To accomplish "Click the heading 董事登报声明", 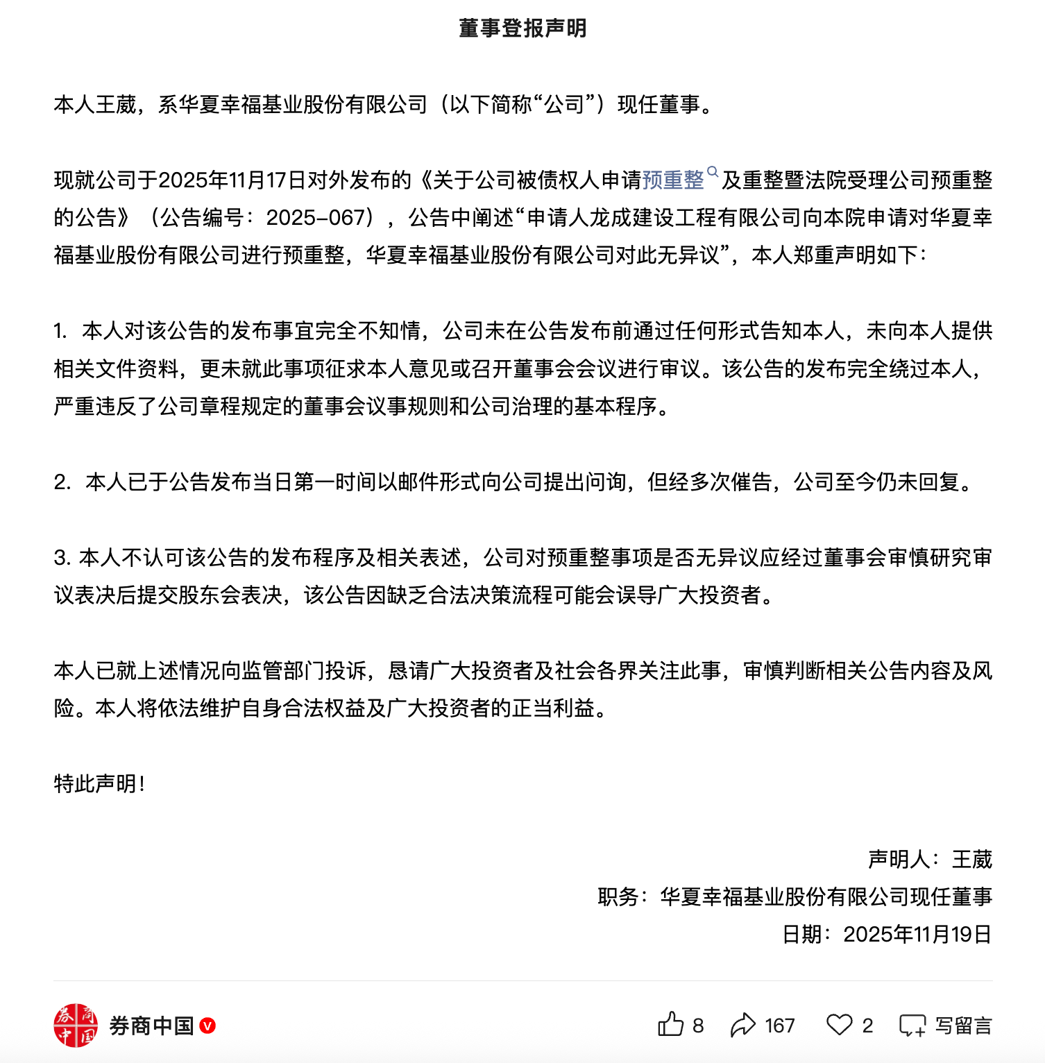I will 522,28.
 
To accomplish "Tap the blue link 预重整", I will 673,180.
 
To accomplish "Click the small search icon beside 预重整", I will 713,171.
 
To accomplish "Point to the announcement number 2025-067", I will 316,218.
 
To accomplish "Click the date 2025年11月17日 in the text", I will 222,180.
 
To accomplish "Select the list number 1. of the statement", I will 60,331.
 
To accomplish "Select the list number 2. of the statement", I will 62,482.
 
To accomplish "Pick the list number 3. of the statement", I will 62,557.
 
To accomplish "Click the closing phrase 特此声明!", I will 99,784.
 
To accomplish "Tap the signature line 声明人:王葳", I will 930,860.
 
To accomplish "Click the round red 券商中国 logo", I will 76,1025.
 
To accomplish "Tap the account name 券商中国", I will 151,1026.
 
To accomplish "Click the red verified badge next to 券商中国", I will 207,1026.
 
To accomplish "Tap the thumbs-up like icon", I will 670,1025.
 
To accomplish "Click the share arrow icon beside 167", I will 743,1025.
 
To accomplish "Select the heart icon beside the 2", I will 840,1025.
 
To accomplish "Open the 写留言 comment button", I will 945,1026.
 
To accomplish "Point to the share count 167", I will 780,1026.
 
